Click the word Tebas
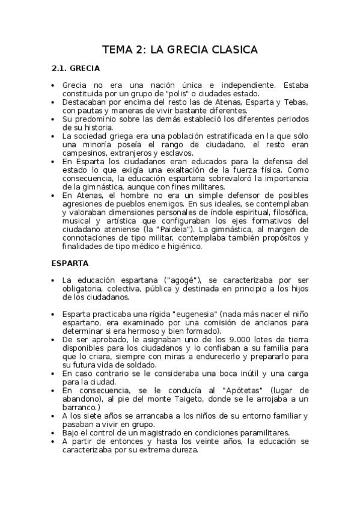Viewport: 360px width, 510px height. pyautogui.click(x=296, y=102)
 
